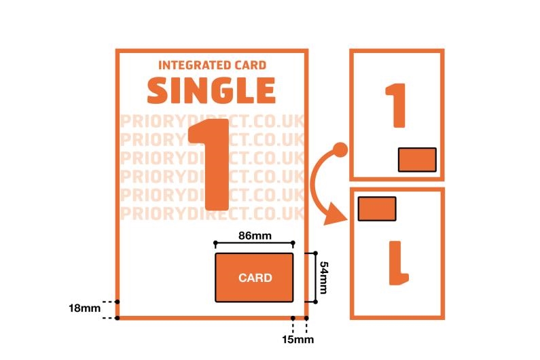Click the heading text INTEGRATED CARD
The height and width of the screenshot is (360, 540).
point(212,66)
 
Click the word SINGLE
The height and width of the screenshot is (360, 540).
point(211,90)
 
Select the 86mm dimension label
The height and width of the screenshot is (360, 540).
point(254,235)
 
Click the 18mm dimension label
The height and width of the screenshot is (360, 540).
point(84,308)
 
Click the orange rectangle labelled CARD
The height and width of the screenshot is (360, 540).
point(255,277)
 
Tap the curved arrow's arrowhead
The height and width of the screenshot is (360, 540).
point(334,217)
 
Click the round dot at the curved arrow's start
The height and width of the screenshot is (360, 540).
point(341,149)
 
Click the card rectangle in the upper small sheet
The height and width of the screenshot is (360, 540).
point(416,160)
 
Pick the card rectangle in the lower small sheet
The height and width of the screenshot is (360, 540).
point(377,209)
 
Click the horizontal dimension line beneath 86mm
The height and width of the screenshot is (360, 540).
point(254,243)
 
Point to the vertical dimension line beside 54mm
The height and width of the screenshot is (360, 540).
point(315,277)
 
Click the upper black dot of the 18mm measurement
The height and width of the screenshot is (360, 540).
point(118,301)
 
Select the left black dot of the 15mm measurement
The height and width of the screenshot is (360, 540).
point(293,318)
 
